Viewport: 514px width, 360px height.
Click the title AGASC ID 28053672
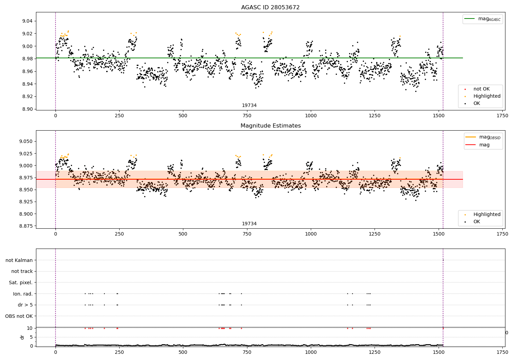pyautogui.click(x=270, y=8)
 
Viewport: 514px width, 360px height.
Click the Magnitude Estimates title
pyautogui.click(x=270, y=126)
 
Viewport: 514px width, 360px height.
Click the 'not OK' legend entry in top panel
pyautogui.click(x=481, y=89)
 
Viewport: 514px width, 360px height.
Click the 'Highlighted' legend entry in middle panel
pyautogui.click(x=487, y=215)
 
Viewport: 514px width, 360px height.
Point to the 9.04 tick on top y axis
pyautogui.click(x=27, y=21)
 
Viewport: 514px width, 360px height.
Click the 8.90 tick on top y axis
pyautogui.click(x=27, y=109)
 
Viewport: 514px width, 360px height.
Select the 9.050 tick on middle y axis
pyautogui.click(x=26, y=142)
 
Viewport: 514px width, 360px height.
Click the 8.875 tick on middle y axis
pyautogui.click(x=26, y=226)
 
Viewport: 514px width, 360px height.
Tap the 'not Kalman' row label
pyautogui.click(x=19, y=261)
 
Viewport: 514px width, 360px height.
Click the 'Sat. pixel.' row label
pyautogui.click(x=21, y=283)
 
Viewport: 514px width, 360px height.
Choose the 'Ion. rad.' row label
pyautogui.click(x=23, y=294)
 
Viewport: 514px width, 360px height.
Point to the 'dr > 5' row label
pyautogui.click(x=25, y=305)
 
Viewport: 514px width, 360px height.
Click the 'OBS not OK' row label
pyautogui.click(x=19, y=316)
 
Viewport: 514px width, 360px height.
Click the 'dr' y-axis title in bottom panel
pyautogui.click(x=22, y=337)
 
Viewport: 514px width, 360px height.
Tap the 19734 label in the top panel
pyautogui.click(x=249, y=106)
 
